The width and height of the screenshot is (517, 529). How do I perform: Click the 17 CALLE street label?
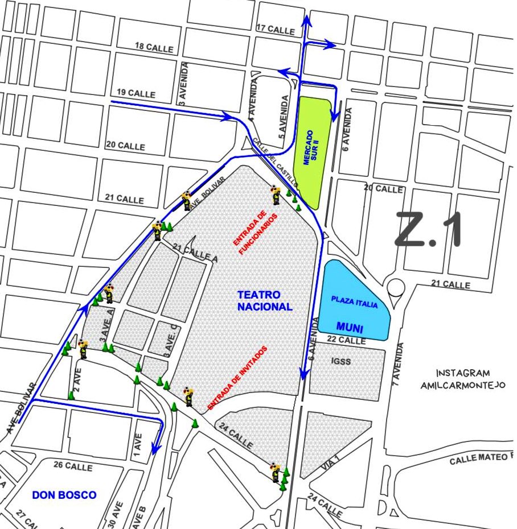[276, 29]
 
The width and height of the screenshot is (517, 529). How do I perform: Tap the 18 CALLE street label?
[154, 48]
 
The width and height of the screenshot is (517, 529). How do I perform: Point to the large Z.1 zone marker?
[428, 229]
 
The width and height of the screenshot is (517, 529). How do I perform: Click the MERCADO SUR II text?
[311, 147]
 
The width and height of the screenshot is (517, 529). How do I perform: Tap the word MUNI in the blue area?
[350, 327]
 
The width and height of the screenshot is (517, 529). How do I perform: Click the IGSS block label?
[343, 361]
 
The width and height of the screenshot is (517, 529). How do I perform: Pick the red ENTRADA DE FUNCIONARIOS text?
[255, 233]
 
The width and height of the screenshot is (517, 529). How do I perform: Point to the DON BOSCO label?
[64, 495]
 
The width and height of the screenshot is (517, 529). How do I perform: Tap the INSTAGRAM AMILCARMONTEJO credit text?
[463, 379]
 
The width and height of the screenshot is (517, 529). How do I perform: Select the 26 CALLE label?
[73, 466]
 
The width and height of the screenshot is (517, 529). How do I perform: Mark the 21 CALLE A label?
[195, 253]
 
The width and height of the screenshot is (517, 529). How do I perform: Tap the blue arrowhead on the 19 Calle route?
[229, 117]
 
